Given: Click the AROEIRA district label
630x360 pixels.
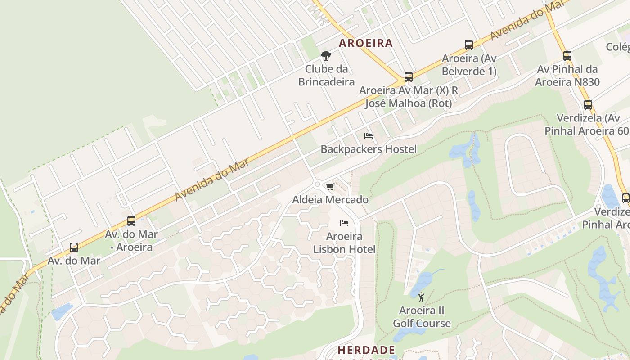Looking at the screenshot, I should coord(366,43).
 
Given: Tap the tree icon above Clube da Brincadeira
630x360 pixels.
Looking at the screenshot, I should coord(326,56).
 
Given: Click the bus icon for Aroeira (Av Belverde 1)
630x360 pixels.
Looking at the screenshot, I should coord(469,45).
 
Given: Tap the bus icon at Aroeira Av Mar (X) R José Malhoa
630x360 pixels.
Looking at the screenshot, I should coord(408,77).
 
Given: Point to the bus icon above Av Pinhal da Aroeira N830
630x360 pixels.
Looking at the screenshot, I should coord(567,56).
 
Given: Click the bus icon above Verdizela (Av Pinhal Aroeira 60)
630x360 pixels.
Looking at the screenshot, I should coord(588,105).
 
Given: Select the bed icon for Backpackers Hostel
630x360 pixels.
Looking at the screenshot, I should coord(369,135).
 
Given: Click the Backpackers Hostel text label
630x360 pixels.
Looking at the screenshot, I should coord(369,149).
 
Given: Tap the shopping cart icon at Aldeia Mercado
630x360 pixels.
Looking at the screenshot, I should coord(330,186).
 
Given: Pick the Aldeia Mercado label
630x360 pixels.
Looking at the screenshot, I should coord(330,200).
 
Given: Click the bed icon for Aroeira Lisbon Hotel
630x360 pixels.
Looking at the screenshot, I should coord(344,223).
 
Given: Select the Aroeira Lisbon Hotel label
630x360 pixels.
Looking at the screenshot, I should coord(344,243).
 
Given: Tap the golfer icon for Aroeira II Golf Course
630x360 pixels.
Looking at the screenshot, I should coord(422,297).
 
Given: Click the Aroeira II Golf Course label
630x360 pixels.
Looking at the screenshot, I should coord(422,317).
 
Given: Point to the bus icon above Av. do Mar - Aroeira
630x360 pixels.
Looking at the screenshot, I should coord(131,221).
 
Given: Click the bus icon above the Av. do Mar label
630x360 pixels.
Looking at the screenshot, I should coord(74,247).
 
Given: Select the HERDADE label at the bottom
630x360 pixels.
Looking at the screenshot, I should coord(366,350).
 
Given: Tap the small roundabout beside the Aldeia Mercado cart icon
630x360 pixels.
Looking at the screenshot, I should coord(318,184).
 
